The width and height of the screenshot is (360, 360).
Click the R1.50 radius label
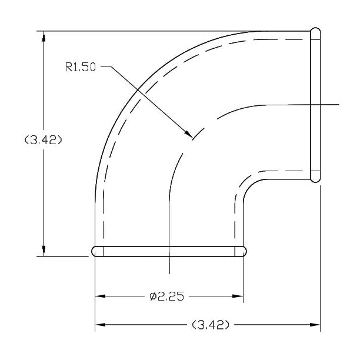click(80, 67)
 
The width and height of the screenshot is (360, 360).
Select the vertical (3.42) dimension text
click(43, 140)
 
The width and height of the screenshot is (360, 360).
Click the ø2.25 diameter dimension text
click(166, 296)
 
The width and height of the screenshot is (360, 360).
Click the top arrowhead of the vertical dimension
click(43, 36)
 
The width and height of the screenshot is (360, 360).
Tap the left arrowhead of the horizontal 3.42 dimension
click(100, 324)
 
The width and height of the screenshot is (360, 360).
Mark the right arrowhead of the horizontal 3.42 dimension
click(315, 324)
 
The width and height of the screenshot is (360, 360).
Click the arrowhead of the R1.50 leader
click(189, 136)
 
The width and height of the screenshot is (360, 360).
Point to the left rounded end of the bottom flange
click(96, 251)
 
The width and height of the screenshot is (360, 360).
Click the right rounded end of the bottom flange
click(243, 251)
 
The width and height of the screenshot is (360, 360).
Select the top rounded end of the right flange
click(315, 32)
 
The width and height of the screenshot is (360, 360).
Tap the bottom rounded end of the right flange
click(315, 176)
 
